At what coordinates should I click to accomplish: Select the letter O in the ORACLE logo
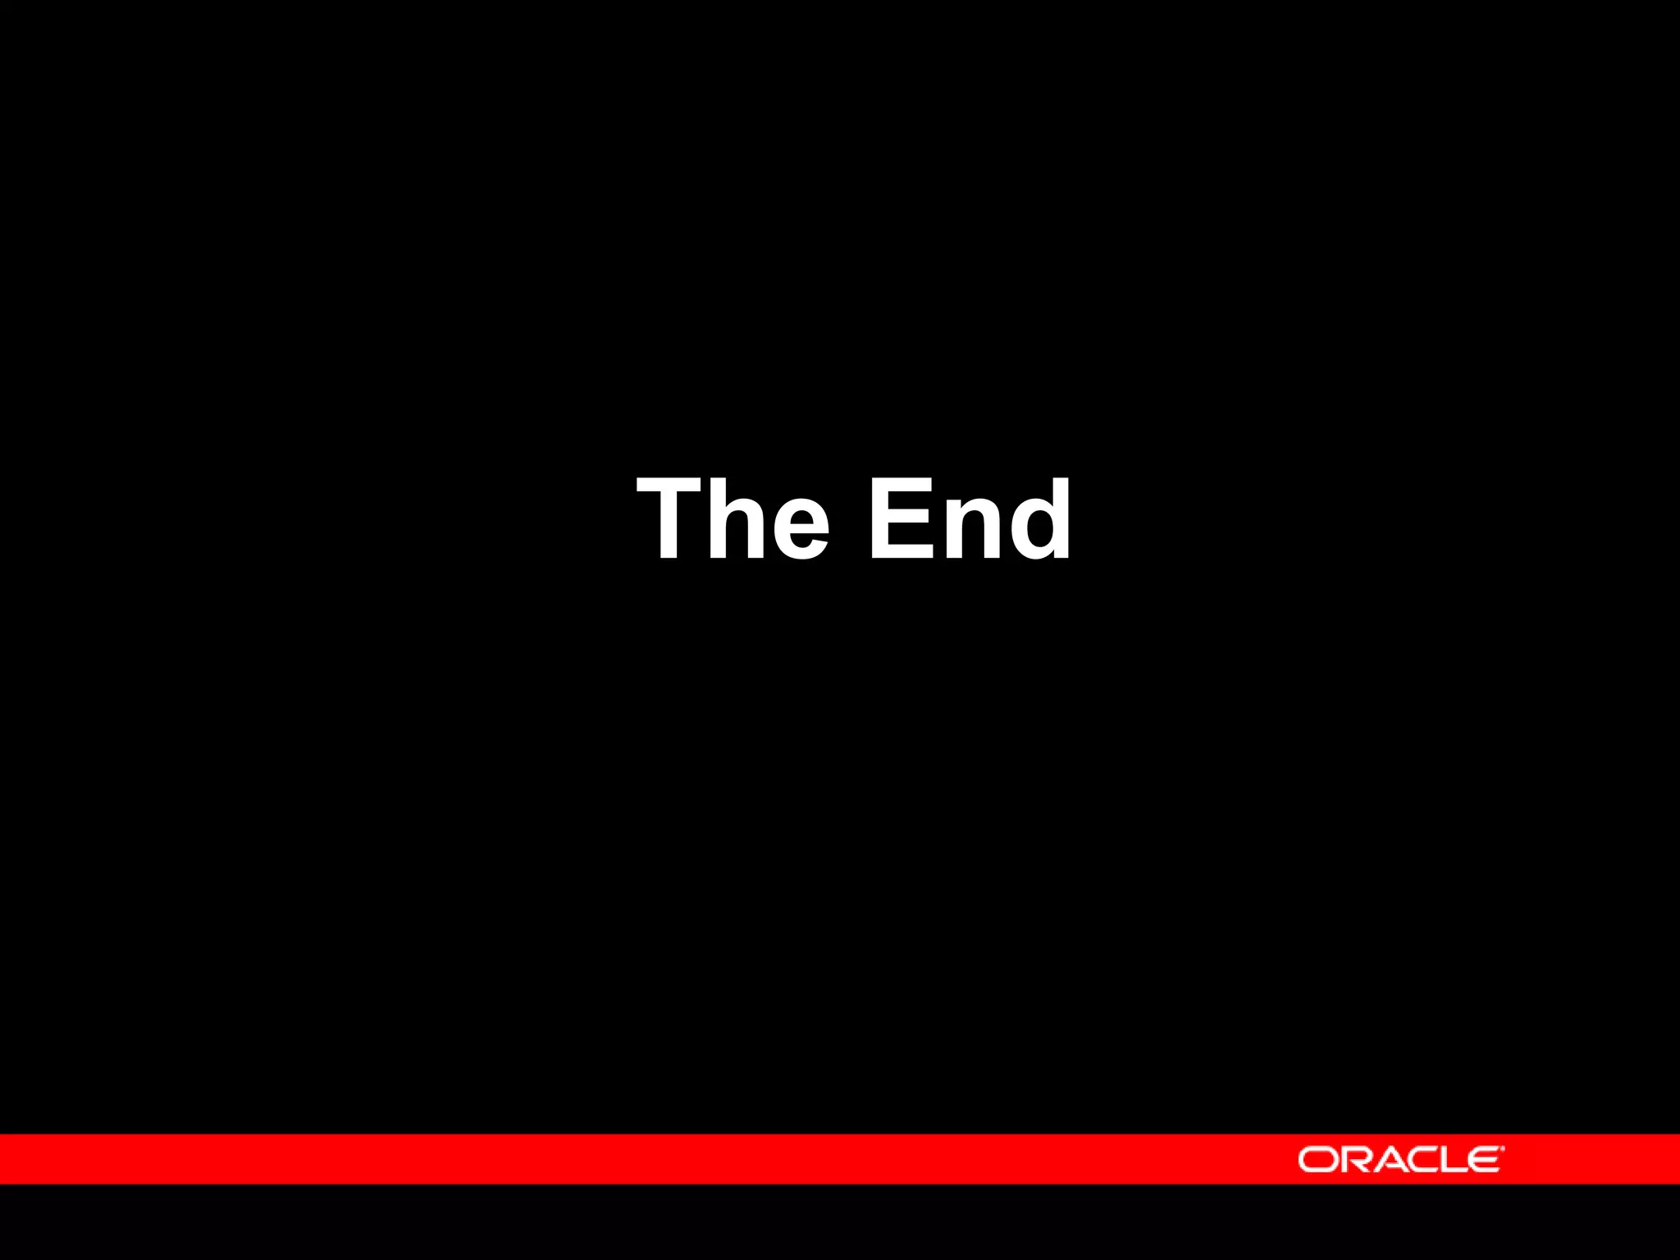click(1317, 1160)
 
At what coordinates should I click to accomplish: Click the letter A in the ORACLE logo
click(1389, 1160)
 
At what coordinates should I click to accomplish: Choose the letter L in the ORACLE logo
click(1454, 1160)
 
